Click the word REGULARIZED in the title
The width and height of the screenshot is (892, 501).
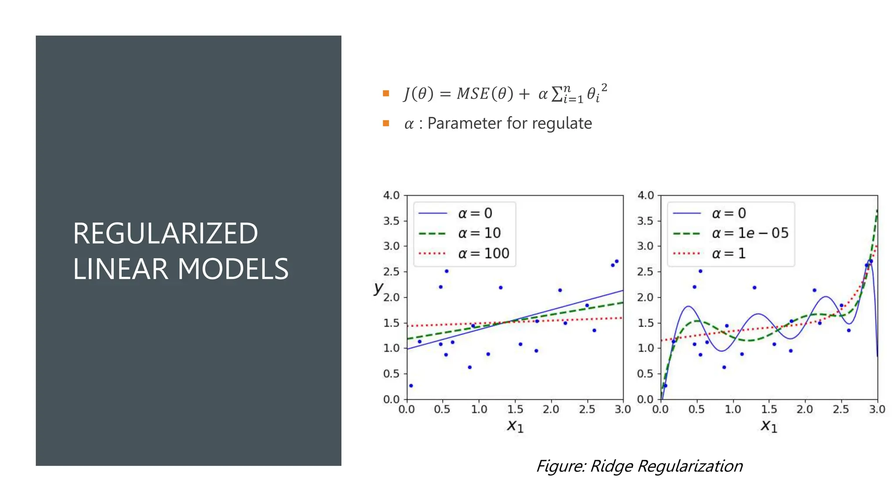point(166,234)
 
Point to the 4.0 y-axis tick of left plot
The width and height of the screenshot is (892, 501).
point(391,196)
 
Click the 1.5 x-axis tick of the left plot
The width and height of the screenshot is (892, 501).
point(515,409)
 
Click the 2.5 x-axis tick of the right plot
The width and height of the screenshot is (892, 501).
point(841,409)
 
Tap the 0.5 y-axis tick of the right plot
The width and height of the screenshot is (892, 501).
point(645,374)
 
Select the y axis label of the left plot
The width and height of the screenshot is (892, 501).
point(378,287)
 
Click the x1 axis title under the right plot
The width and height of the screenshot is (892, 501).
point(769,426)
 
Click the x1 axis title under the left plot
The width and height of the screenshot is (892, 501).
point(515,426)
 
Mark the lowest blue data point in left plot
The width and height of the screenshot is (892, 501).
point(411,386)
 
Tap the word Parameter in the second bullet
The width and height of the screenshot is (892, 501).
point(465,124)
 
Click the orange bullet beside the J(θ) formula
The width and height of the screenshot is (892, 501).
point(385,93)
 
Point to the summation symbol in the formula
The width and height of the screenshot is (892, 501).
point(557,94)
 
